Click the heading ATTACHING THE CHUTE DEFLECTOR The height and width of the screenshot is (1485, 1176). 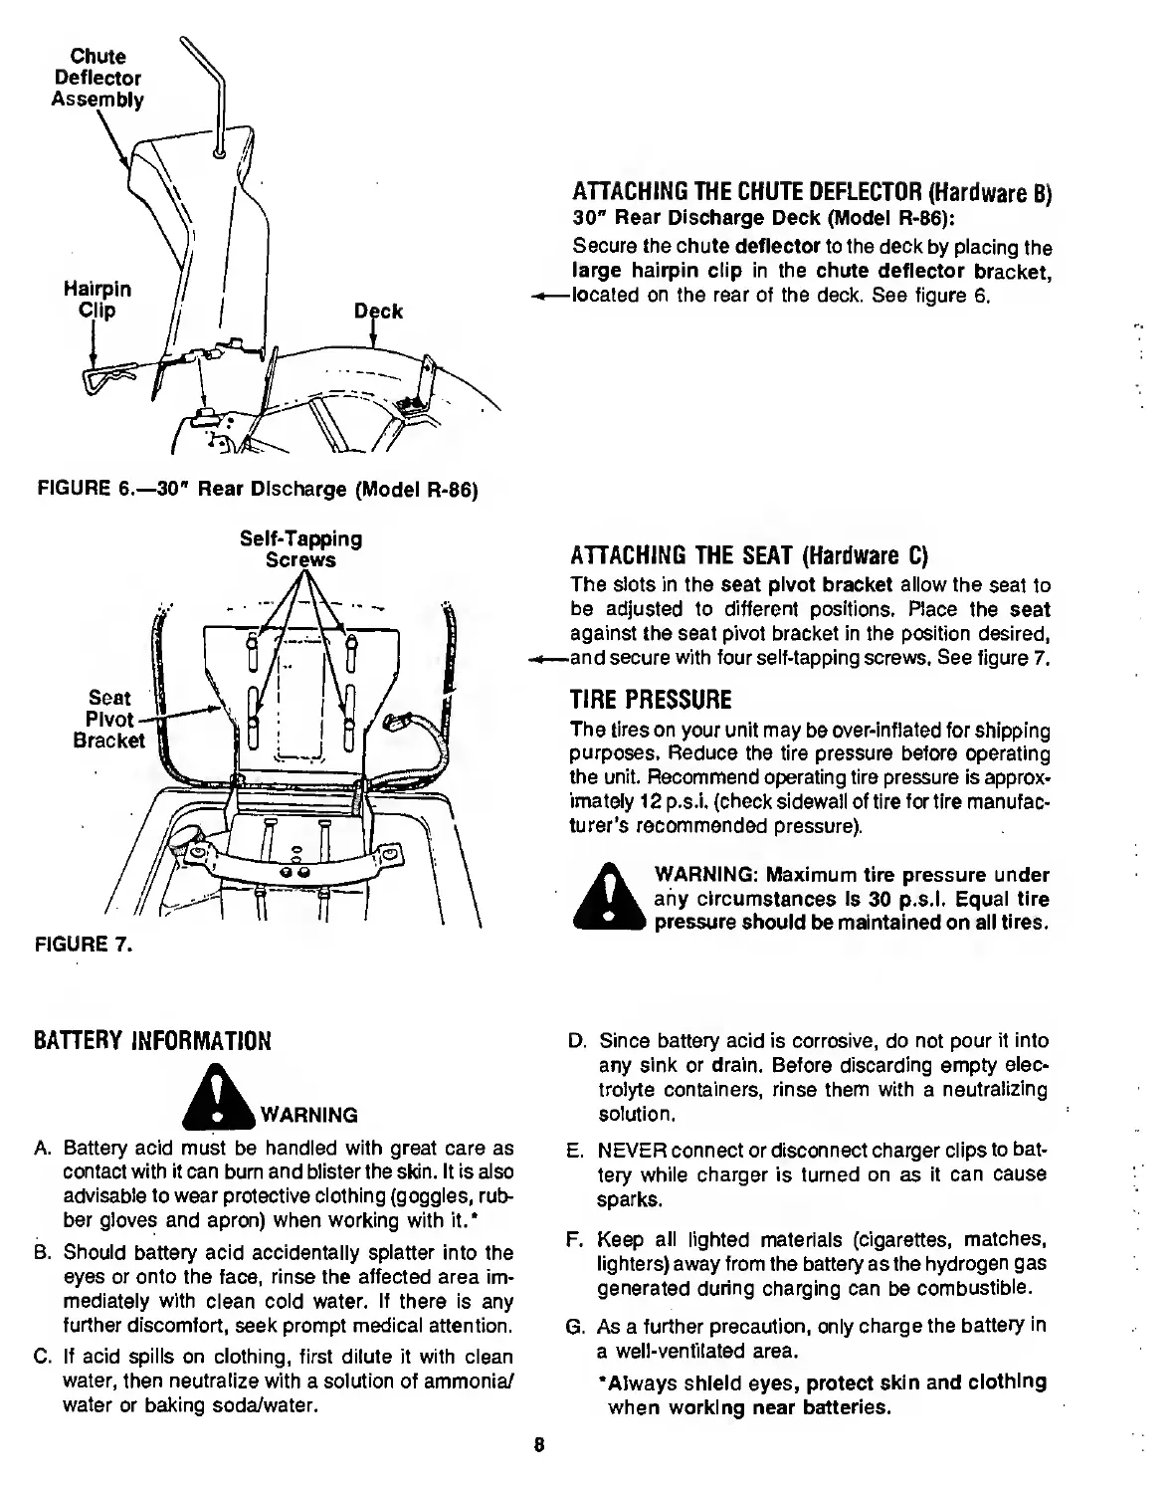point(811,195)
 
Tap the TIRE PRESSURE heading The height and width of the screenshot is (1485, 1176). point(651,699)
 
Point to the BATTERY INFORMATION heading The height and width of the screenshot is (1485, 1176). point(151,1042)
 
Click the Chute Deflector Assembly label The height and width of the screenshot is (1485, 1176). point(97,78)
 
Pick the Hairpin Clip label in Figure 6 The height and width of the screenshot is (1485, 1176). point(97,300)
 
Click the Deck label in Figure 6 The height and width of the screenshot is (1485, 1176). point(379,311)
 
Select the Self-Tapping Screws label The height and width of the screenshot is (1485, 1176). point(300,549)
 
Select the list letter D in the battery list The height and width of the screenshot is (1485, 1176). point(575,1041)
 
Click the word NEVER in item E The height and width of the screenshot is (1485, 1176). point(625,1151)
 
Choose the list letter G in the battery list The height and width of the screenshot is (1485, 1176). point(574,1327)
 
